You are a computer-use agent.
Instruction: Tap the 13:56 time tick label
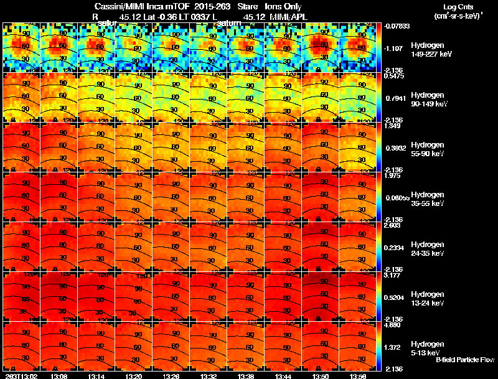(x=357, y=375)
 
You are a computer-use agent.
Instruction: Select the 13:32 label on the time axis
(x=208, y=375)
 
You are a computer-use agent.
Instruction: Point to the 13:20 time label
(x=133, y=375)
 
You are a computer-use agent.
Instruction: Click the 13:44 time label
(x=283, y=375)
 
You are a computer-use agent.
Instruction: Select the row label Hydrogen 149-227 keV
(x=430, y=50)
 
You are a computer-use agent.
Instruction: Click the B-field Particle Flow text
(x=465, y=359)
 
